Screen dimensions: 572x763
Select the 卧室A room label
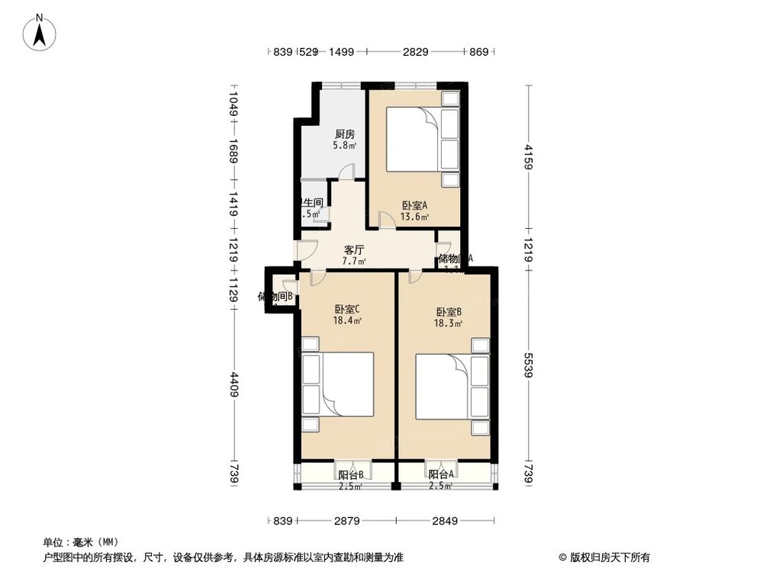pos(414,205)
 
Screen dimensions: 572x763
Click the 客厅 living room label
pos(353,249)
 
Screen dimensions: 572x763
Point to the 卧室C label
pos(346,310)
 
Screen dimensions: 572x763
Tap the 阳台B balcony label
pos(351,475)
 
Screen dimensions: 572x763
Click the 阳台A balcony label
pos(441,475)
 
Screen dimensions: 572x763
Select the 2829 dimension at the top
pos(415,52)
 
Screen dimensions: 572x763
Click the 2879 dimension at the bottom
pos(346,521)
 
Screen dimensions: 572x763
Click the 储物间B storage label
pos(275,297)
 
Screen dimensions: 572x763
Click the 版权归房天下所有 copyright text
pos(605,558)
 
